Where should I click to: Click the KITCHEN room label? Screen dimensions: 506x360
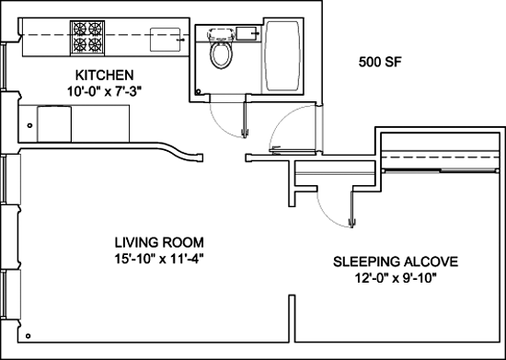coord(104,75)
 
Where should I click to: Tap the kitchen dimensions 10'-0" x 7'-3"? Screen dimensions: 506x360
coord(104,92)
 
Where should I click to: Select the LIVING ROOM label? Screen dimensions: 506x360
coord(159,242)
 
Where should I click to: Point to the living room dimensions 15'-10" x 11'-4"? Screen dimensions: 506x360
coord(159,259)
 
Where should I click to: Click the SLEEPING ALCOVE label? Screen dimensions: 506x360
coord(396,261)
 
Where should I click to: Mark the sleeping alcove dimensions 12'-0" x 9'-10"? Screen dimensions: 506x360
coord(396,278)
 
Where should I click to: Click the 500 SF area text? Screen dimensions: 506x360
coord(380,62)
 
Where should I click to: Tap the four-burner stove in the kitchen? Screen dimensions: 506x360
coord(87,37)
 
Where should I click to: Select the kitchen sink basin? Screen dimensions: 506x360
coord(165,40)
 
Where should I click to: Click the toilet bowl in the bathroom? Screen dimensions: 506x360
coord(221,54)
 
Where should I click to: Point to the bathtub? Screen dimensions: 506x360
coord(282,56)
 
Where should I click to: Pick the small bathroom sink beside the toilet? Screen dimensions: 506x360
coord(247,33)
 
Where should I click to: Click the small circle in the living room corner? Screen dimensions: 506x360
coord(29,336)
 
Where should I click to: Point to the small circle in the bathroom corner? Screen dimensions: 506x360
coord(198,92)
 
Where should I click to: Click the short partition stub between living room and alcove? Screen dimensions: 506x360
coord(292,319)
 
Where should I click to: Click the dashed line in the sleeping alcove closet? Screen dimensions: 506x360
coord(441,157)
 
